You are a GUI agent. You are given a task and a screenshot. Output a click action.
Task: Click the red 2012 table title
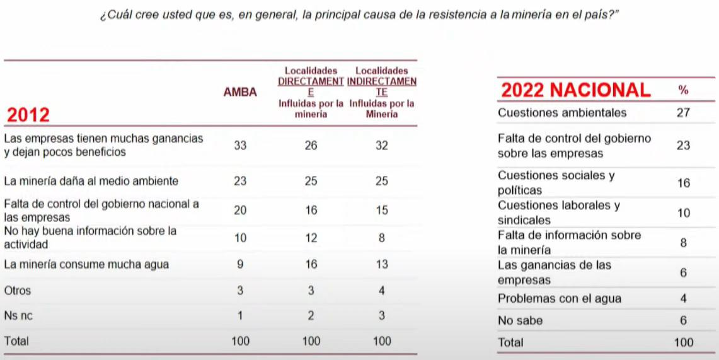(28, 115)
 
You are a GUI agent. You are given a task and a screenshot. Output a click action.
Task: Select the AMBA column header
(240, 92)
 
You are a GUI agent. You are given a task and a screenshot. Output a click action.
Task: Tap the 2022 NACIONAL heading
(575, 90)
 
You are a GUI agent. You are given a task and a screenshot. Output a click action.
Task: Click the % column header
(683, 90)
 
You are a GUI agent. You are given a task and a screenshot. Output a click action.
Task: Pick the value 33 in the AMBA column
(240, 145)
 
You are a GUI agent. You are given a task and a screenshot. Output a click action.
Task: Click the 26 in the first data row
(311, 145)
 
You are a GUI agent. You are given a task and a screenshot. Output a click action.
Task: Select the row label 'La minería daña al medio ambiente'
(91, 181)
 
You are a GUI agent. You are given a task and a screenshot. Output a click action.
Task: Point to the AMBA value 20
(240, 211)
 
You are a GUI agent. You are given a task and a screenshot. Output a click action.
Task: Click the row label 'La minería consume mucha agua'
(86, 265)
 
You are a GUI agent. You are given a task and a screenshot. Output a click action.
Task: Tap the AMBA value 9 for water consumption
(240, 265)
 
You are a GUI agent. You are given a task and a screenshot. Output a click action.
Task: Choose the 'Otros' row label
(17, 291)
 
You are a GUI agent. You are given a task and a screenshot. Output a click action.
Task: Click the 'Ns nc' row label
(18, 316)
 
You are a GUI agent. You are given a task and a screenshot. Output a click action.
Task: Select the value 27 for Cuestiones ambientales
(683, 113)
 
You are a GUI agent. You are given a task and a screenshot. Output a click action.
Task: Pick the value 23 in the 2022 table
(683, 146)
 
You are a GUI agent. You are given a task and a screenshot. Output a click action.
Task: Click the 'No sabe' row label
(520, 320)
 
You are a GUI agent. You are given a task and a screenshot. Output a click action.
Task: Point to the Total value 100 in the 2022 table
(683, 342)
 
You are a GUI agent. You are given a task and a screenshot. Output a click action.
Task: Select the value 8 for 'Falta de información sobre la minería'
(683, 243)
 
